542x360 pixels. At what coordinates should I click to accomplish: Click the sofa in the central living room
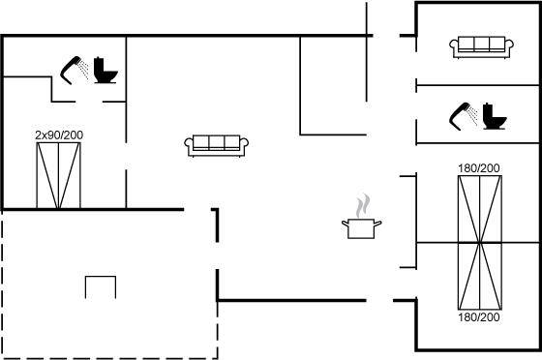pyautogui.click(x=217, y=145)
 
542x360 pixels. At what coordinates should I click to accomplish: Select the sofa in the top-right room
pyautogui.click(x=481, y=47)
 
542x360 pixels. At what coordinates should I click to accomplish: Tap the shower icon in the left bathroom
pyautogui.click(x=75, y=70)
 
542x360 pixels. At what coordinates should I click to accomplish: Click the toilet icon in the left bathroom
pyautogui.click(x=105, y=70)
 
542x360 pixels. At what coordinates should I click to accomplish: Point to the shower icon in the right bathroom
pyautogui.click(x=464, y=116)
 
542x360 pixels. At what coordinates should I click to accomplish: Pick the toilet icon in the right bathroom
pyautogui.click(x=495, y=116)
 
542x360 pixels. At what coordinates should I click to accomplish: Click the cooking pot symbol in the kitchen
pyautogui.click(x=362, y=228)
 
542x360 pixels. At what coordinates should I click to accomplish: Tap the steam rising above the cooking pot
pyautogui.click(x=363, y=205)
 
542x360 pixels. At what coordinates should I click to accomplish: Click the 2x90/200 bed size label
pyautogui.click(x=59, y=135)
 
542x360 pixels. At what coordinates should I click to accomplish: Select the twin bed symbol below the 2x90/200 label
pyautogui.click(x=58, y=175)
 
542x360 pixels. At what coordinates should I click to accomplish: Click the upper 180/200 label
pyautogui.click(x=479, y=168)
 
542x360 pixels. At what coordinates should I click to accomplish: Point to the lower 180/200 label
pyautogui.click(x=479, y=316)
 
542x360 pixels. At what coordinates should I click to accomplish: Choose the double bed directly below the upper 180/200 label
pyautogui.click(x=480, y=209)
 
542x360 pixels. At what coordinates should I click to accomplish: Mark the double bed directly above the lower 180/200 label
pyautogui.click(x=480, y=276)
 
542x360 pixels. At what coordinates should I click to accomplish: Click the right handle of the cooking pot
pyautogui.click(x=378, y=224)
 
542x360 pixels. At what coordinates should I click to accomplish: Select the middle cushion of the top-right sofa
pyautogui.click(x=482, y=44)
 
